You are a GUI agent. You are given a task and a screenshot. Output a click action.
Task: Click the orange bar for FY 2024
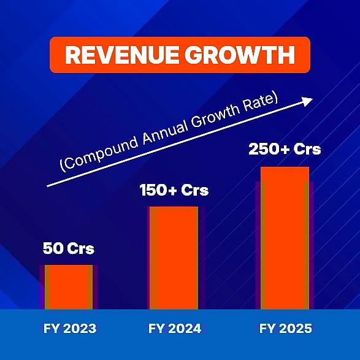tap(174, 258)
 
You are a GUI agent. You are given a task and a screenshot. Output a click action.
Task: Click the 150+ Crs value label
tap(174, 190)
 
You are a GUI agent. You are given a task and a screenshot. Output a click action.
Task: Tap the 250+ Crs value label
tap(284, 149)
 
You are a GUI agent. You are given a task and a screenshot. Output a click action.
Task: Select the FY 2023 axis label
tap(70, 329)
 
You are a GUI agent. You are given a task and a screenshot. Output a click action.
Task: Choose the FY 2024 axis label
tap(175, 329)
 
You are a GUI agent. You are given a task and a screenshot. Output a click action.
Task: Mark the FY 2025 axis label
tap(285, 329)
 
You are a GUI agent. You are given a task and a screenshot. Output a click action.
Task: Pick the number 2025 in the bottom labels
tap(296, 329)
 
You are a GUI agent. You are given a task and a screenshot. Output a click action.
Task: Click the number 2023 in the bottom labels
tap(80, 329)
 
